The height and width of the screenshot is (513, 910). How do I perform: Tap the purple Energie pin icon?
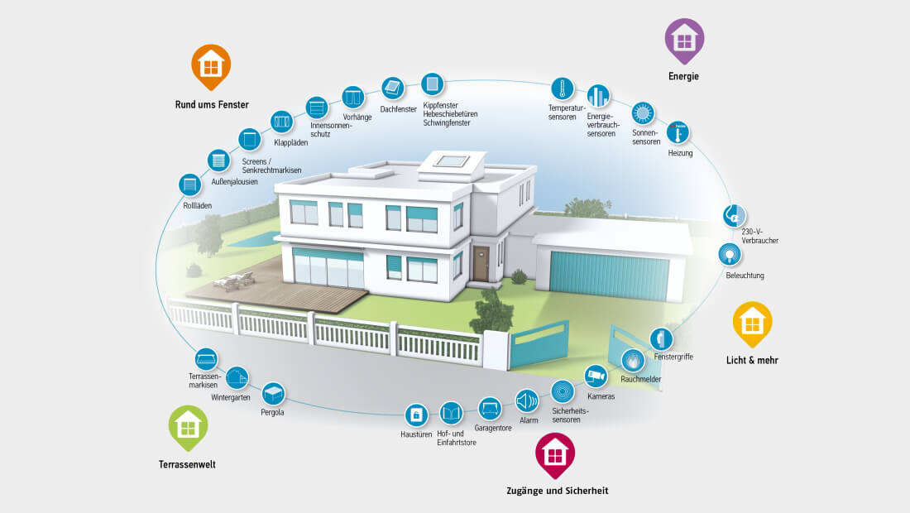[x=684, y=38]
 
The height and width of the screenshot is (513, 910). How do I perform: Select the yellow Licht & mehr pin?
[x=752, y=322]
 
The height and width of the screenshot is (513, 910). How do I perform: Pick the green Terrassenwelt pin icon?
[x=189, y=426]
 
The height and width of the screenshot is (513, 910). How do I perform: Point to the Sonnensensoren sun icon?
[x=643, y=113]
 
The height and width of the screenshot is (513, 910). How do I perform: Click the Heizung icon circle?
[x=678, y=132]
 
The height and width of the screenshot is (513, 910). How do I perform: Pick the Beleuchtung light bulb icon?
[x=729, y=253]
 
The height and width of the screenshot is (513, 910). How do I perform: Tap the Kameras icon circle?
[x=596, y=376]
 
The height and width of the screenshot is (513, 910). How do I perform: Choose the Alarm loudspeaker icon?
[x=527, y=400]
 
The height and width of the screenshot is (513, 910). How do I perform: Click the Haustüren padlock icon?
[x=416, y=414]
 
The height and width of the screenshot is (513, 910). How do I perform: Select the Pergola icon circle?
[x=273, y=392]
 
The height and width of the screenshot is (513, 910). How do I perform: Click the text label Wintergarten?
[x=231, y=397]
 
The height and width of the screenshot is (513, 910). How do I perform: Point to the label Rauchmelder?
[x=641, y=379]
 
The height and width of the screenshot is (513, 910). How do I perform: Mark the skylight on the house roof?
[x=452, y=161]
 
